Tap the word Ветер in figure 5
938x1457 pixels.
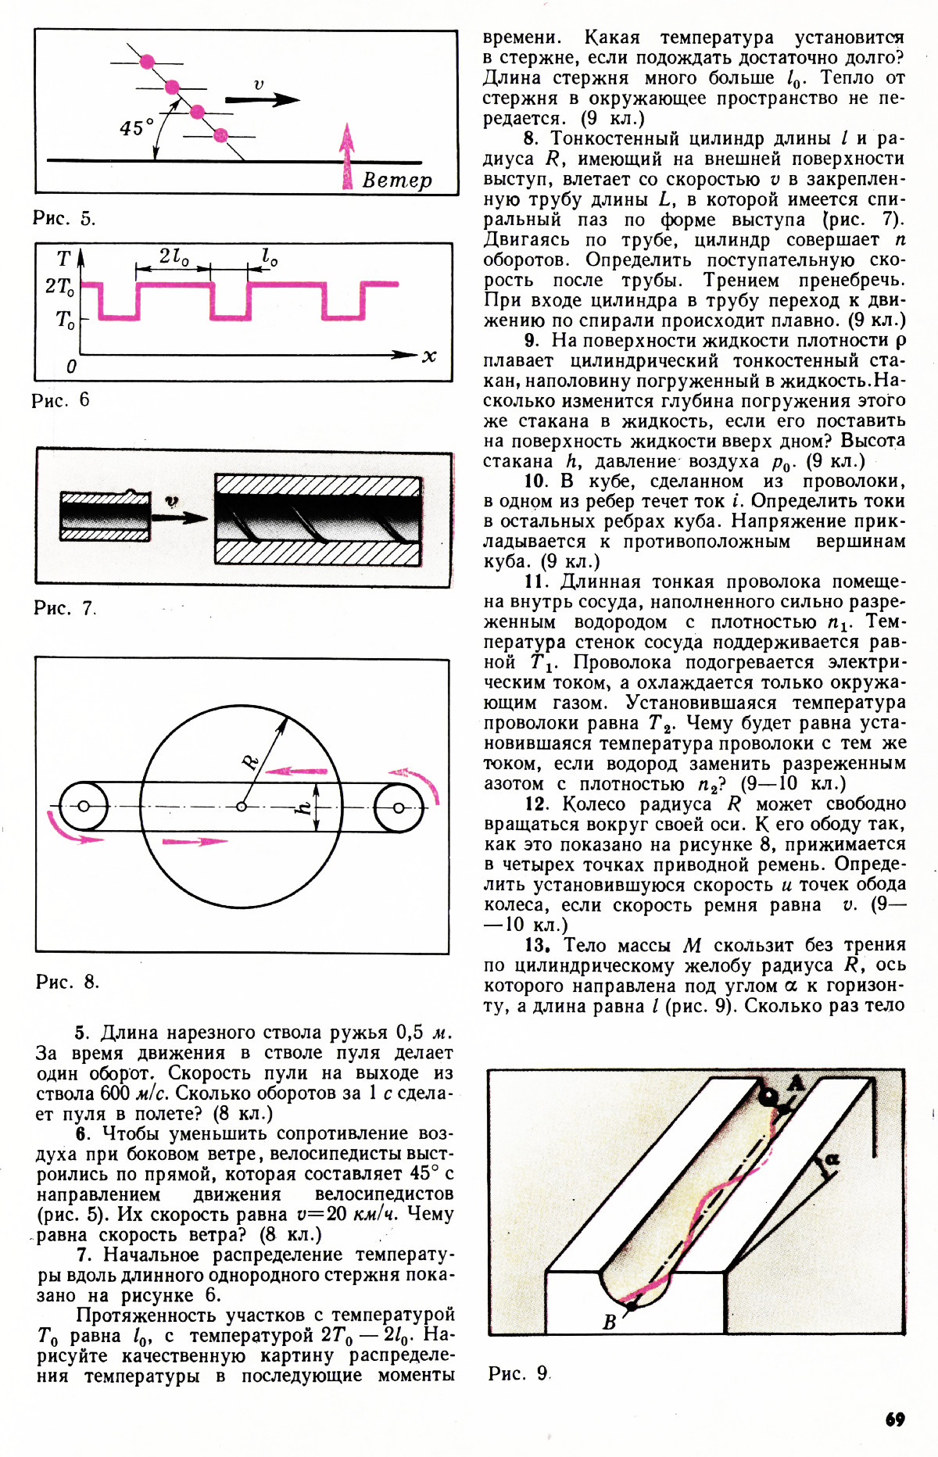coord(397,180)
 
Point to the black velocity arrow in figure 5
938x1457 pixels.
coord(262,99)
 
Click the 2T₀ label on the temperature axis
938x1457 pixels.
coord(60,287)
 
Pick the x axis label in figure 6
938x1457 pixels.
coord(429,356)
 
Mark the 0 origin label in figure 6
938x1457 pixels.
coord(71,366)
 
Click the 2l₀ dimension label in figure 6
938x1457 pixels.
coord(174,256)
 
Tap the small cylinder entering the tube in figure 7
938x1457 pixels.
coord(106,516)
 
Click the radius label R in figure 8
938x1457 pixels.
coord(250,761)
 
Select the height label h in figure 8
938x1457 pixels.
coord(305,806)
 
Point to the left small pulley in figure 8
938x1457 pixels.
coord(83,807)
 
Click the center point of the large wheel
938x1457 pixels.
coord(242,807)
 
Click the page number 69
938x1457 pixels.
coord(895,1419)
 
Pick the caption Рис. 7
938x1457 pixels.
coord(64,608)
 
